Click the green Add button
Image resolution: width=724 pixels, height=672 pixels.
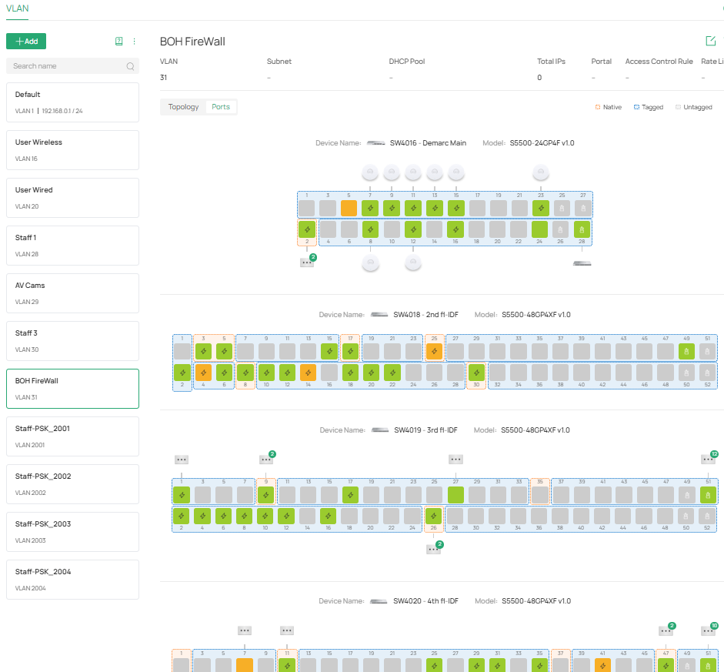pyautogui.click(x=26, y=42)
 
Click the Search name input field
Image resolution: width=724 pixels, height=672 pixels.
pyautogui.click(x=68, y=66)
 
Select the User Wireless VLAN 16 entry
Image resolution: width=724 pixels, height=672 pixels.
pyautogui.click(x=72, y=150)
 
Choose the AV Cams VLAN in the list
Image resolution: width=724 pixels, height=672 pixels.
pyautogui.click(x=72, y=293)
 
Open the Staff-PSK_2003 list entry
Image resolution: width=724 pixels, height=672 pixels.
pyautogui.click(x=72, y=532)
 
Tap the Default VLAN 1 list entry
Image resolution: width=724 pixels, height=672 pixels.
pyautogui.click(x=72, y=102)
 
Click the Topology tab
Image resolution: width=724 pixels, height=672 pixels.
pyautogui.click(x=183, y=107)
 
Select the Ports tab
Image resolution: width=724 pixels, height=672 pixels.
pyautogui.click(x=221, y=107)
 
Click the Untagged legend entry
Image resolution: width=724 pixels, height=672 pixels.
pyautogui.click(x=694, y=108)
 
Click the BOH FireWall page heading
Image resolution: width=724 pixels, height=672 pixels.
pyautogui.click(x=192, y=42)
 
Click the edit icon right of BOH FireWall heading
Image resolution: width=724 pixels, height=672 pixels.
pyautogui.click(x=710, y=41)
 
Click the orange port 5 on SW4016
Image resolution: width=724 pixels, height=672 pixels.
pyautogui.click(x=349, y=208)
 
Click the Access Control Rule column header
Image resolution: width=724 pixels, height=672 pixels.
pyautogui.click(x=659, y=62)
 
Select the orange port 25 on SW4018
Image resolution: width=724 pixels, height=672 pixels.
pyautogui.click(x=434, y=351)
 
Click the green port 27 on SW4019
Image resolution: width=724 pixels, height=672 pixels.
pyautogui.click(x=455, y=494)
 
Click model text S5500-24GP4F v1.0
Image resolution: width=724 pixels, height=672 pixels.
pyautogui.click(x=542, y=143)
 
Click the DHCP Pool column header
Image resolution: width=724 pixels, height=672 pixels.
pyautogui.click(x=407, y=62)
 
